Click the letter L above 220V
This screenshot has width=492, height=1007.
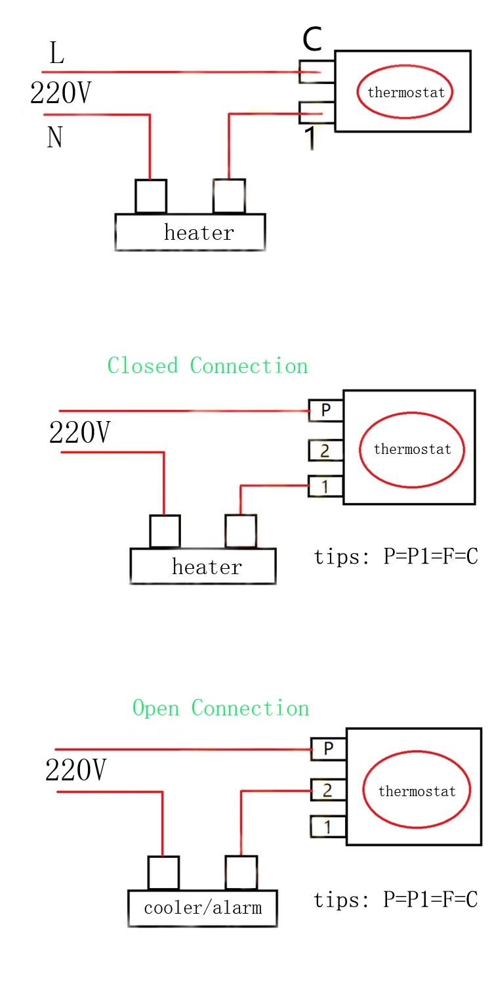pos(57,54)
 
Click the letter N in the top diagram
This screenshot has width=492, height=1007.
pos(55,137)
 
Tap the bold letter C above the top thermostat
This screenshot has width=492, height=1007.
pos(312,40)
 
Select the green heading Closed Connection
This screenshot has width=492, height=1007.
pos(207,366)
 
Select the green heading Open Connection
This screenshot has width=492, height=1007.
pos(220,708)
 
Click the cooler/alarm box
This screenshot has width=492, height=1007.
pos(202,908)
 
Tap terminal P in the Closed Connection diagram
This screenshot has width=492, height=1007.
pos(325,411)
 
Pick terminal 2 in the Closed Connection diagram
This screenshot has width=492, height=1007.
pos(325,451)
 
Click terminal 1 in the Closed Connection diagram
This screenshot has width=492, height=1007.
pos(325,487)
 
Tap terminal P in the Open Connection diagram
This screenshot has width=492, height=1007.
pos(328,749)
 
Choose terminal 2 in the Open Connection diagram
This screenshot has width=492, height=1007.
pos(328,790)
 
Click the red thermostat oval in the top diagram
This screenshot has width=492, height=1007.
pos(405,92)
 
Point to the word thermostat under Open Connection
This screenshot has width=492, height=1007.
pos(417,792)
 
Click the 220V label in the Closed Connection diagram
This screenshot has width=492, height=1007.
pos(80,433)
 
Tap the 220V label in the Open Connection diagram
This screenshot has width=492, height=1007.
pos(75,770)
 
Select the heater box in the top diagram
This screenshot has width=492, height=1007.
pos(190,233)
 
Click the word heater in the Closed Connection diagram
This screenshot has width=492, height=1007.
pos(207,567)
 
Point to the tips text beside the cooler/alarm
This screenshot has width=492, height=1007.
pos(396,900)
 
